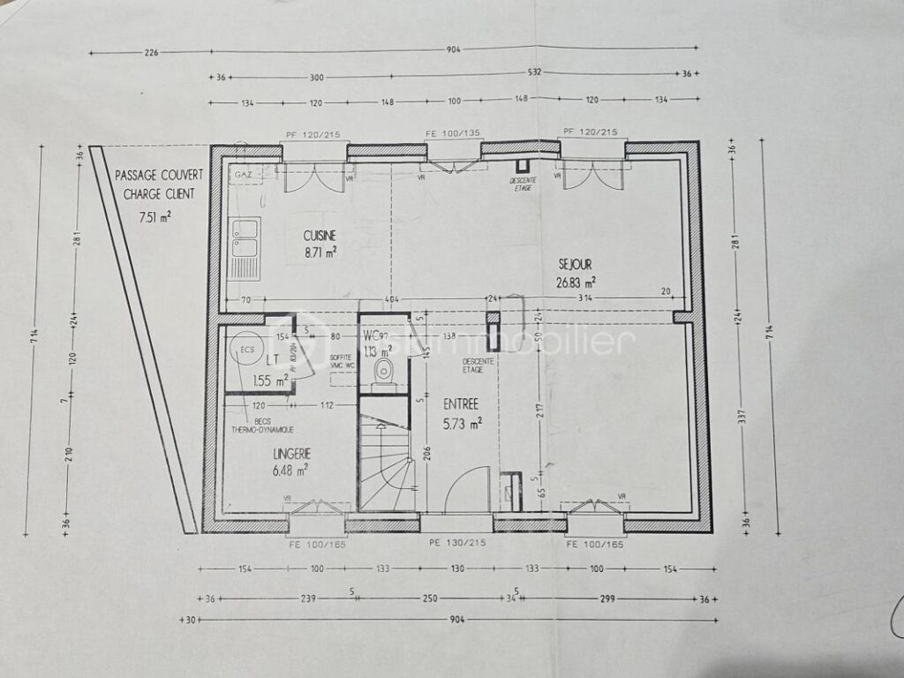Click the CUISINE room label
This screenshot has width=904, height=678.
point(320,236)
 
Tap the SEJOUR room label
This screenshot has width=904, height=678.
point(576,263)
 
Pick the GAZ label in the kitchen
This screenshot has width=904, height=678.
point(243,176)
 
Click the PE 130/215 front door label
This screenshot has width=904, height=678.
point(457,543)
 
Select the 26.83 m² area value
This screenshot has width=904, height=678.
point(576,282)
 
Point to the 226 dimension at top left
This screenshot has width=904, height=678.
point(151,52)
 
